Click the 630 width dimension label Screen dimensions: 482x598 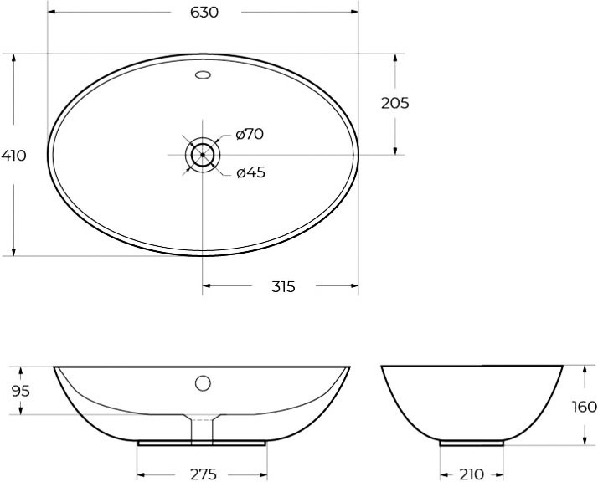204,13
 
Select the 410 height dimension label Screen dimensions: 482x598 13,156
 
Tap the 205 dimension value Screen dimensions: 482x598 394,103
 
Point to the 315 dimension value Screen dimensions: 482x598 283,287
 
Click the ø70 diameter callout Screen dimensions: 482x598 250,134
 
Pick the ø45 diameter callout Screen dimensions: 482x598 250,172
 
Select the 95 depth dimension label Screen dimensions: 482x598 21,391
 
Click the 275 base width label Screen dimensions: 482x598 203,474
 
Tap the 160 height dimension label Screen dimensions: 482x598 584,407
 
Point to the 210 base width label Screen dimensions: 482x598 472,474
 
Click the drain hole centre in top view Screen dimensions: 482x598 203,155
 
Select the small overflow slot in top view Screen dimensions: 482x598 203,76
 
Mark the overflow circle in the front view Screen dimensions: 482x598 203,384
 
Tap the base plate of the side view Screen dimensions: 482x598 472,442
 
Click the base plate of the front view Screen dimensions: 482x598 203,442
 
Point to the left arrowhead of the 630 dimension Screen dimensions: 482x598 50,13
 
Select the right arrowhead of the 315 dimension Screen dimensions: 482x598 355,287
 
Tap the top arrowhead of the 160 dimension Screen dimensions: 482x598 584,369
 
